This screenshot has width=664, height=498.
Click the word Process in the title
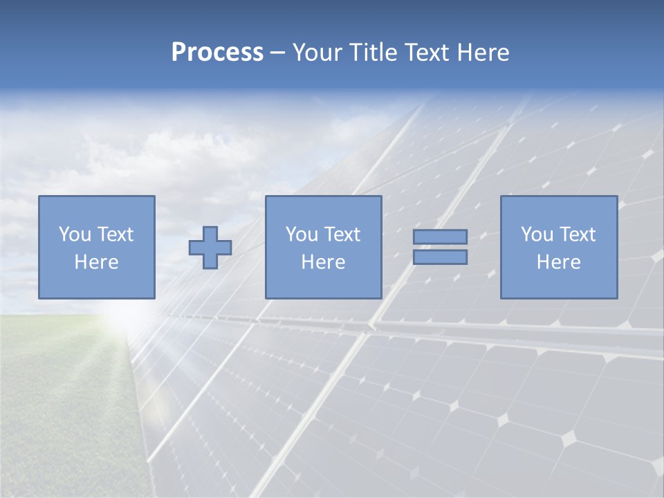click(217, 53)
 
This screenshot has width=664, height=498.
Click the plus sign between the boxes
click(210, 248)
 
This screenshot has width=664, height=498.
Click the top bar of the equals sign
click(440, 237)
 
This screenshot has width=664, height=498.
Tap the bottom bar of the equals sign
click(440, 257)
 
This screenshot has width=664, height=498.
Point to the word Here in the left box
click(97, 262)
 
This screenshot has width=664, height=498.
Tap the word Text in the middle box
click(342, 234)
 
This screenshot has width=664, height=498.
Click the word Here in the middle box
click(324, 262)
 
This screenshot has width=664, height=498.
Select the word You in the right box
click(537, 234)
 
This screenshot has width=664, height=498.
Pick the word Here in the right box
click(559, 262)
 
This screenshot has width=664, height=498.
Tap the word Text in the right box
click(578, 234)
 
